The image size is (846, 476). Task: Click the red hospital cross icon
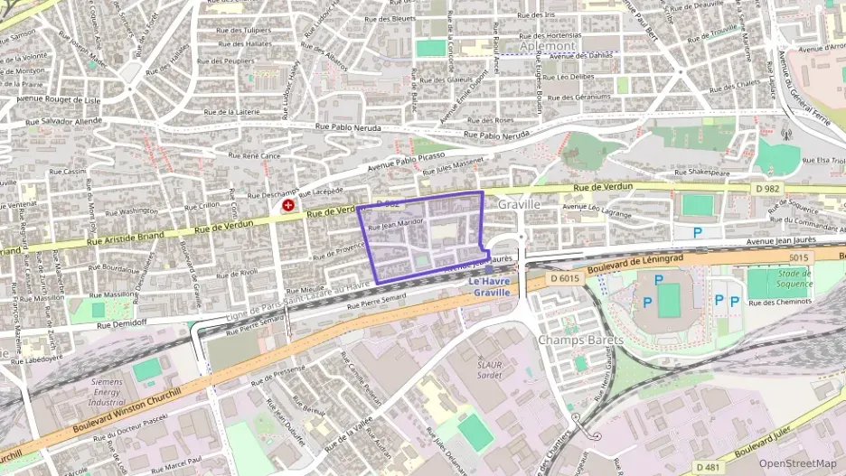(288, 206)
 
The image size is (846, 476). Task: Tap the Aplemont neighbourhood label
(548, 44)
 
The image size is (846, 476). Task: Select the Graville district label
(518, 205)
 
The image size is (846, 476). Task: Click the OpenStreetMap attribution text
(797, 463)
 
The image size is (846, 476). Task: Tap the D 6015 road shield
(565, 278)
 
